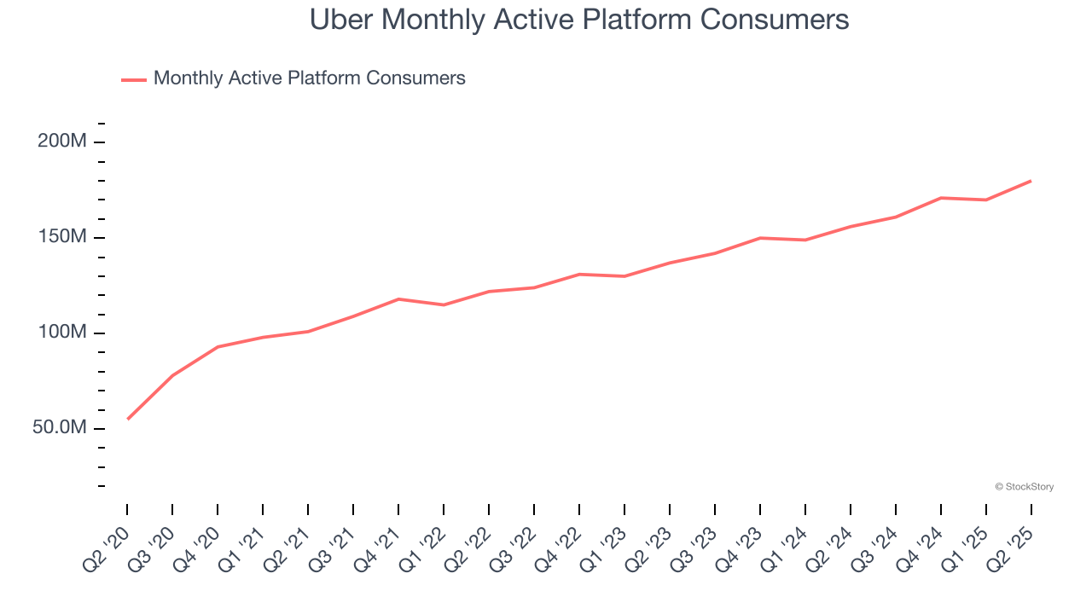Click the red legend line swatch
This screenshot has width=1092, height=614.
pyautogui.click(x=134, y=79)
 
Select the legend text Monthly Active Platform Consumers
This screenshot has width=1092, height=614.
pyautogui.click(x=309, y=78)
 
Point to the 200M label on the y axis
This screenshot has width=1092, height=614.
pyautogui.click(x=62, y=142)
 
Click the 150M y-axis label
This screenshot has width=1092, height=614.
pyautogui.click(x=62, y=237)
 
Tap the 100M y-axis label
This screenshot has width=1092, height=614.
pyautogui.click(x=62, y=333)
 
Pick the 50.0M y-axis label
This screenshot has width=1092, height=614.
pyautogui.click(x=60, y=428)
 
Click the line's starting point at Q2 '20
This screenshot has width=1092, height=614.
pyautogui.click(x=128, y=419)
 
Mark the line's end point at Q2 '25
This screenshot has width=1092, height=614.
pyautogui.click(x=1031, y=181)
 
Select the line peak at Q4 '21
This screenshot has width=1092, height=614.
pyautogui.click(x=398, y=299)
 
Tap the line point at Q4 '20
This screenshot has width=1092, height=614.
pyautogui.click(x=218, y=347)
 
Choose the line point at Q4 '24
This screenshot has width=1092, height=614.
pyautogui.click(x=941, y=198)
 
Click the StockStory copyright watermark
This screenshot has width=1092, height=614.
pyautogui.click(x=1024, y=487)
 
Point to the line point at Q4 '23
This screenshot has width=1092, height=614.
pyautogui.click(x=760, y=238)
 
